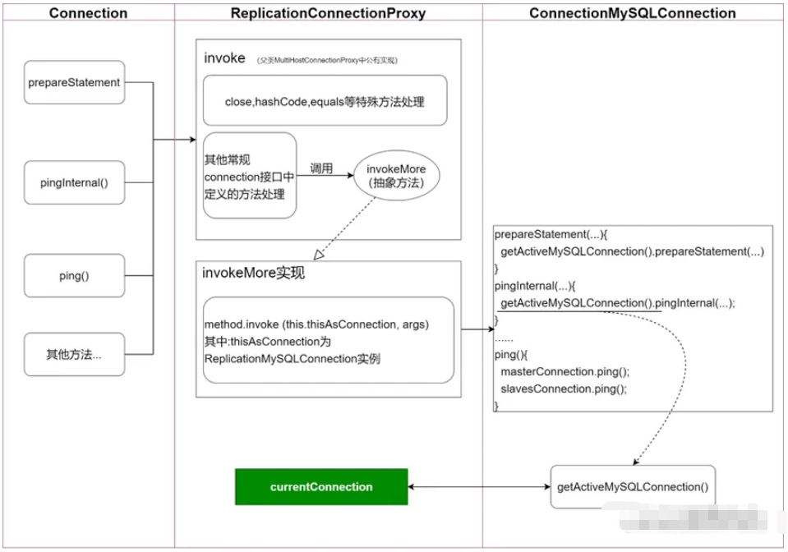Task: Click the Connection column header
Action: tap(88, 13)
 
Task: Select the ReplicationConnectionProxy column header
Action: tap(328, 13)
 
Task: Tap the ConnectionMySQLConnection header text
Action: tap(632, 13)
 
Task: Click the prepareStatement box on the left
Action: tap(75, 82)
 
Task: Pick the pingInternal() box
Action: tap(75, 182)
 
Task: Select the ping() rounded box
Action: tap(75, 276)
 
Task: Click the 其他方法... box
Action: tap(75, 355)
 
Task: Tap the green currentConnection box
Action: tap(321, 487)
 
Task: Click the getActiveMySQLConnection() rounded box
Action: tap(631, 487)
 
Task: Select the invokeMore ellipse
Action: tap(397, 175)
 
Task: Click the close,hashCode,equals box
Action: tap(325, 102)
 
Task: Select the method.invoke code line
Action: tap(318, 324)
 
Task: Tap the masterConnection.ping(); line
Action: tap(562, 372)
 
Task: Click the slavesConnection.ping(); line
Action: tap(563, 389)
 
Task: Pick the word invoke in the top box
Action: tap(224, 59)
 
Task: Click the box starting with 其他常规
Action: tap(250, 175)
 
